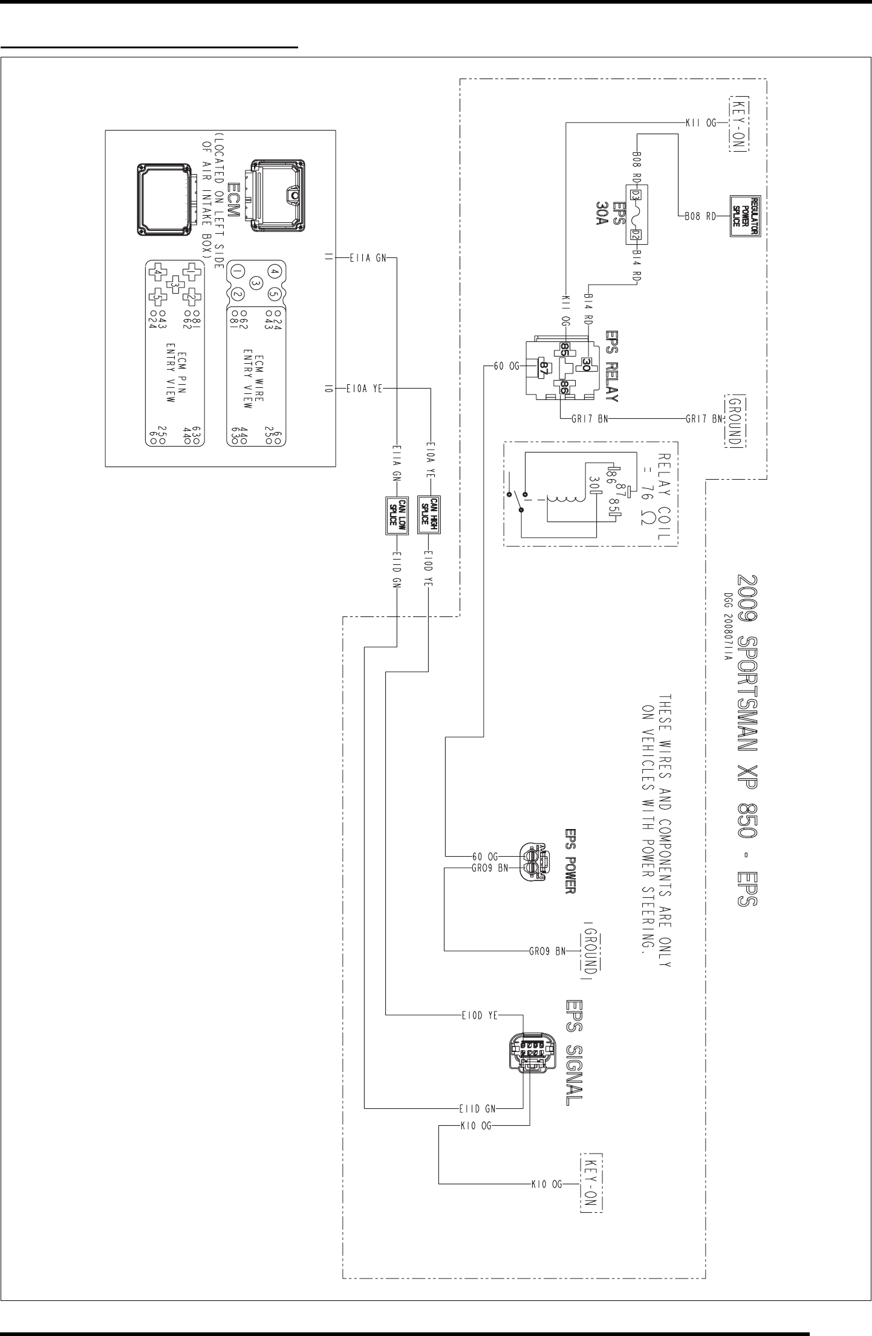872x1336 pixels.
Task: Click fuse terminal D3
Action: click(x=636, y=195)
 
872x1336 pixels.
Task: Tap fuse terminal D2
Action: click(x=636, y=235)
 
